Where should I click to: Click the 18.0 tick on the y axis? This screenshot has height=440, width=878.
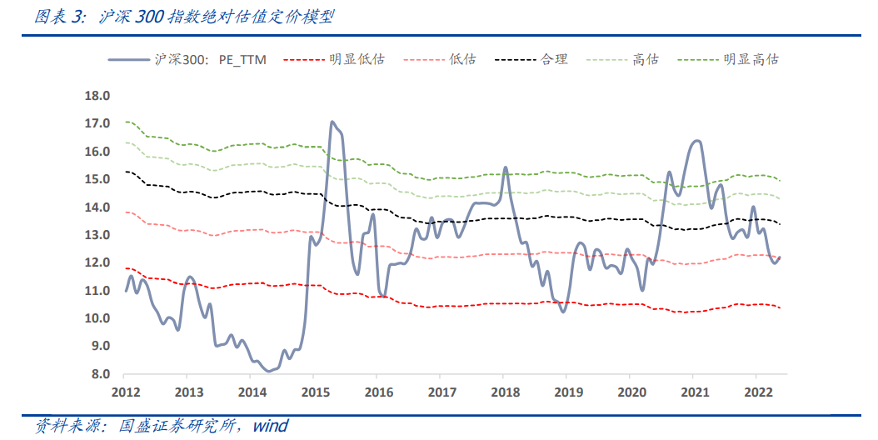click(97, 96)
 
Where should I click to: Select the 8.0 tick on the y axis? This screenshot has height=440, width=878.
click(100, 374)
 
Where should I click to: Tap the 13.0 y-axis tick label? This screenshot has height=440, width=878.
click(97, 235)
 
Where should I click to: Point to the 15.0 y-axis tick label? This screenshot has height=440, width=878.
click(97, 179)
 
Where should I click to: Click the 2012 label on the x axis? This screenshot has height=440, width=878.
click(125, 392)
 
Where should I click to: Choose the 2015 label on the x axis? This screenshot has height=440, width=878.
click(313, 392)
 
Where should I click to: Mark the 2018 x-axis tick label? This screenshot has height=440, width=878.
click(503, 392)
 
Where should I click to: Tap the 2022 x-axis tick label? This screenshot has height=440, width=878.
click(756, 392)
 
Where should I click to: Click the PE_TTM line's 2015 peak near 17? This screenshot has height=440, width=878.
click(332, 122)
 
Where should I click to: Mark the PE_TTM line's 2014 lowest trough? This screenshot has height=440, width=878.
click(267, 371)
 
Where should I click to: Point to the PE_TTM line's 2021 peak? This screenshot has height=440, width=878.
click(696, 141)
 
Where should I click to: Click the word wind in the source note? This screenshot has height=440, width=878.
click(270, 427)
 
